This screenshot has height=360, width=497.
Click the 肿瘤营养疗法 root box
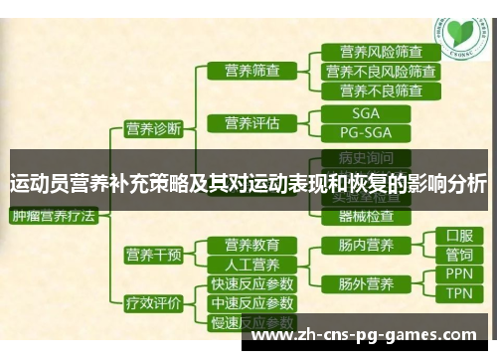click(53, 214)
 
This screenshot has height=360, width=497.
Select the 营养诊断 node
click(152, 127)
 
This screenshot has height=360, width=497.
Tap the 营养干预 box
click(152, 256)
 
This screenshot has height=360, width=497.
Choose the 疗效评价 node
click(152, 303)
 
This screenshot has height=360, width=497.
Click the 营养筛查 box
click(244, 71)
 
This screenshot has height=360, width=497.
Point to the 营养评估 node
click(244, 123)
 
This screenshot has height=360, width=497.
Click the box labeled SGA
click(365, 112)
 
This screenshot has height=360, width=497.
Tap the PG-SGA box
click(365, 131)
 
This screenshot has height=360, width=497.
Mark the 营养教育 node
click(250, 245)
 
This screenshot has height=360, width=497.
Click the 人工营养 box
click(250, 265)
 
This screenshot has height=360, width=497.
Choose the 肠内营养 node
click(365, 245)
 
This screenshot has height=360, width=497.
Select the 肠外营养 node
click(365, 283)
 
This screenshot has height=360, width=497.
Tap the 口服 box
click(459, 236)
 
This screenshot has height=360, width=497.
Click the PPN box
click(459, 273)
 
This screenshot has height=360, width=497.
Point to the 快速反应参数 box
click(250, 283)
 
